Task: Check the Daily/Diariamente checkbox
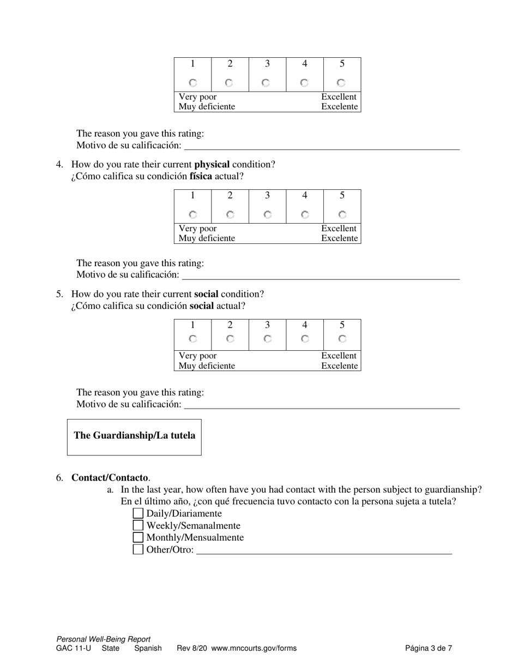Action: (x=138, y=513)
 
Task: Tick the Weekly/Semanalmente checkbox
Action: (x=138, y=525)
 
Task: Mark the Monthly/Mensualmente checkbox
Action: (x=138, y=537)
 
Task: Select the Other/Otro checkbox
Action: (x=138, y=549)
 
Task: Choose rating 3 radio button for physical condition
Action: (x=267, y=214)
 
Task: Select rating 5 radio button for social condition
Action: (x=342, y=339)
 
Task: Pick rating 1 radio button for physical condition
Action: (x=192, y=214)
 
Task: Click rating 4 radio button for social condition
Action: (x=305, y=339)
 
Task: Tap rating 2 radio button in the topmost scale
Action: (x=229, y=83)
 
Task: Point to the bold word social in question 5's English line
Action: (x=206, y=294)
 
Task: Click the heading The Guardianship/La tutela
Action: (x=134, y=435)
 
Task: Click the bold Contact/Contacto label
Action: (x=110, y=478)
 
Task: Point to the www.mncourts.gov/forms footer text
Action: (x=254, y=649)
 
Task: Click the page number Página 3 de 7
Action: (x=428, y=649)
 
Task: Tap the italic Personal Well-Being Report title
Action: (x=103, y=639)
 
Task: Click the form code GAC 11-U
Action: (x=74, y=649)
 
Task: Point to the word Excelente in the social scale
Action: (x=339, y=366)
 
